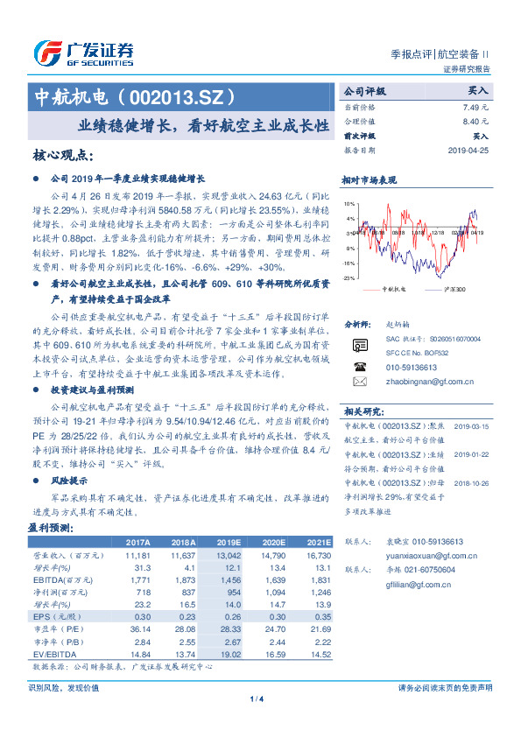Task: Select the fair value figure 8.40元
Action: tap(475, 121)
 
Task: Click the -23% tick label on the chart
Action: tap(349, 277)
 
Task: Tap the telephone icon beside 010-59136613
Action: tap(359, 368)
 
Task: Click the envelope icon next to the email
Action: tap(359, 383)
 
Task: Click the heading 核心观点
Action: tap(62, 156)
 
